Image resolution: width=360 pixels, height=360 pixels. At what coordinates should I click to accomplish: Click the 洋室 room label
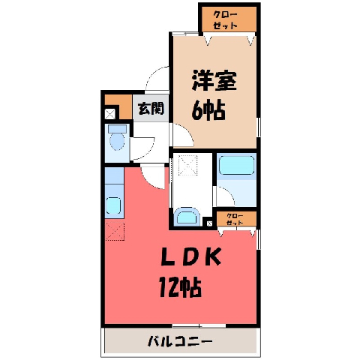(x=214, y=81)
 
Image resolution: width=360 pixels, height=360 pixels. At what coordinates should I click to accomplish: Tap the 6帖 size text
(x=208, y=110)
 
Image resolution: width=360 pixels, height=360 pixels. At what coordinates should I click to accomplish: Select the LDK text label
(x=191, y=256)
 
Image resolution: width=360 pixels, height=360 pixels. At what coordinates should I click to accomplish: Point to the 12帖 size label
(x=181, y=287)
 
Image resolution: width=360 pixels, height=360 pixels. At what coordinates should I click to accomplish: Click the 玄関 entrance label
(x=151, y=109)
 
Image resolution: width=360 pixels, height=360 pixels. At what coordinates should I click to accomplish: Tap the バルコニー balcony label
(x=180, y=341)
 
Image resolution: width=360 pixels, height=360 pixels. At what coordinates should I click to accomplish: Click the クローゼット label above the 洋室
(x=225, y=20)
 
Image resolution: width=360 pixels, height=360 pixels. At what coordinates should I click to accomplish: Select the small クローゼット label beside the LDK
(x=235, y=219)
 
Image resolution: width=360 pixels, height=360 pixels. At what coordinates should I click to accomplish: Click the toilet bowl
(x=117, y=141)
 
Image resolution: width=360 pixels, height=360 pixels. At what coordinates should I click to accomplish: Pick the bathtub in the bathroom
(x=236, y=165)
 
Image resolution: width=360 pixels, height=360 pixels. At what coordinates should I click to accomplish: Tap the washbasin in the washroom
(x=187, y=217)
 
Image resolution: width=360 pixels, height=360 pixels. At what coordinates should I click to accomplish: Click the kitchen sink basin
(x=114, y=205)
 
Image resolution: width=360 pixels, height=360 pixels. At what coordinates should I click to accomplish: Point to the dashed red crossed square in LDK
(x=115, y=232)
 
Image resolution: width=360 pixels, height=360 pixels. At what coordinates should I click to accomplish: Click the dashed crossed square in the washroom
(x=188, y=165)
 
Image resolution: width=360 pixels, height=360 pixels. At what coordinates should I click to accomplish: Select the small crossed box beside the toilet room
(x=109, y=114)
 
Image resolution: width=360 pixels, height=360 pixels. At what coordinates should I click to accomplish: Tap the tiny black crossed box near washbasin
(x=209, y=223)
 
